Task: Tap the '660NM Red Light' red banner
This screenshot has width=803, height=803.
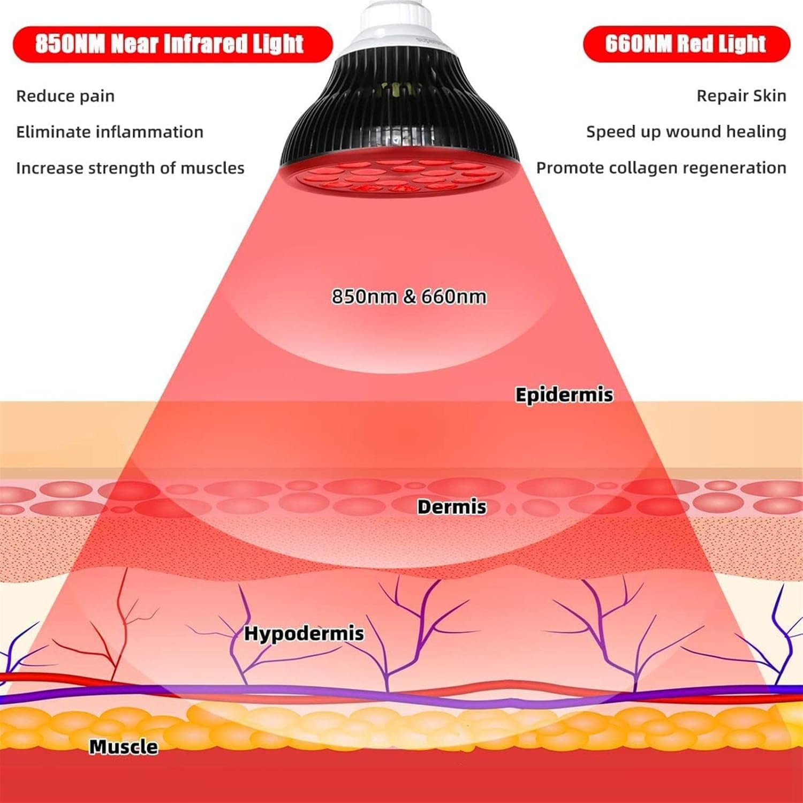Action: tap(686, 44)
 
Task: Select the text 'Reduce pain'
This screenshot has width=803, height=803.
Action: tap(65, 96)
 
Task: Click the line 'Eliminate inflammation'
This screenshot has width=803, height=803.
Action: tap(110, 132)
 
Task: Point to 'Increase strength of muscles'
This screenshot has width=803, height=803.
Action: tap(130, 168)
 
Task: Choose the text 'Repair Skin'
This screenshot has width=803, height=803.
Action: tap(741, 96)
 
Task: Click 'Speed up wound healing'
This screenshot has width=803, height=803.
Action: tap(686, 132)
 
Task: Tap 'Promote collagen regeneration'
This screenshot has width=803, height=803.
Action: tap(661, 168)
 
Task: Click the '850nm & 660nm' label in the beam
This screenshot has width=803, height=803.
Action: tap(409, 296)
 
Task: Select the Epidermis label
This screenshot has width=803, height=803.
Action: tap(564, 395)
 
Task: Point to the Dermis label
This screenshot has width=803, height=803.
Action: tap(451, 507)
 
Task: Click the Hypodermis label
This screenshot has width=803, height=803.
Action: tap(304, 634)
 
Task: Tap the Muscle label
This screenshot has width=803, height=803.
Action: tap(123, 747)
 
